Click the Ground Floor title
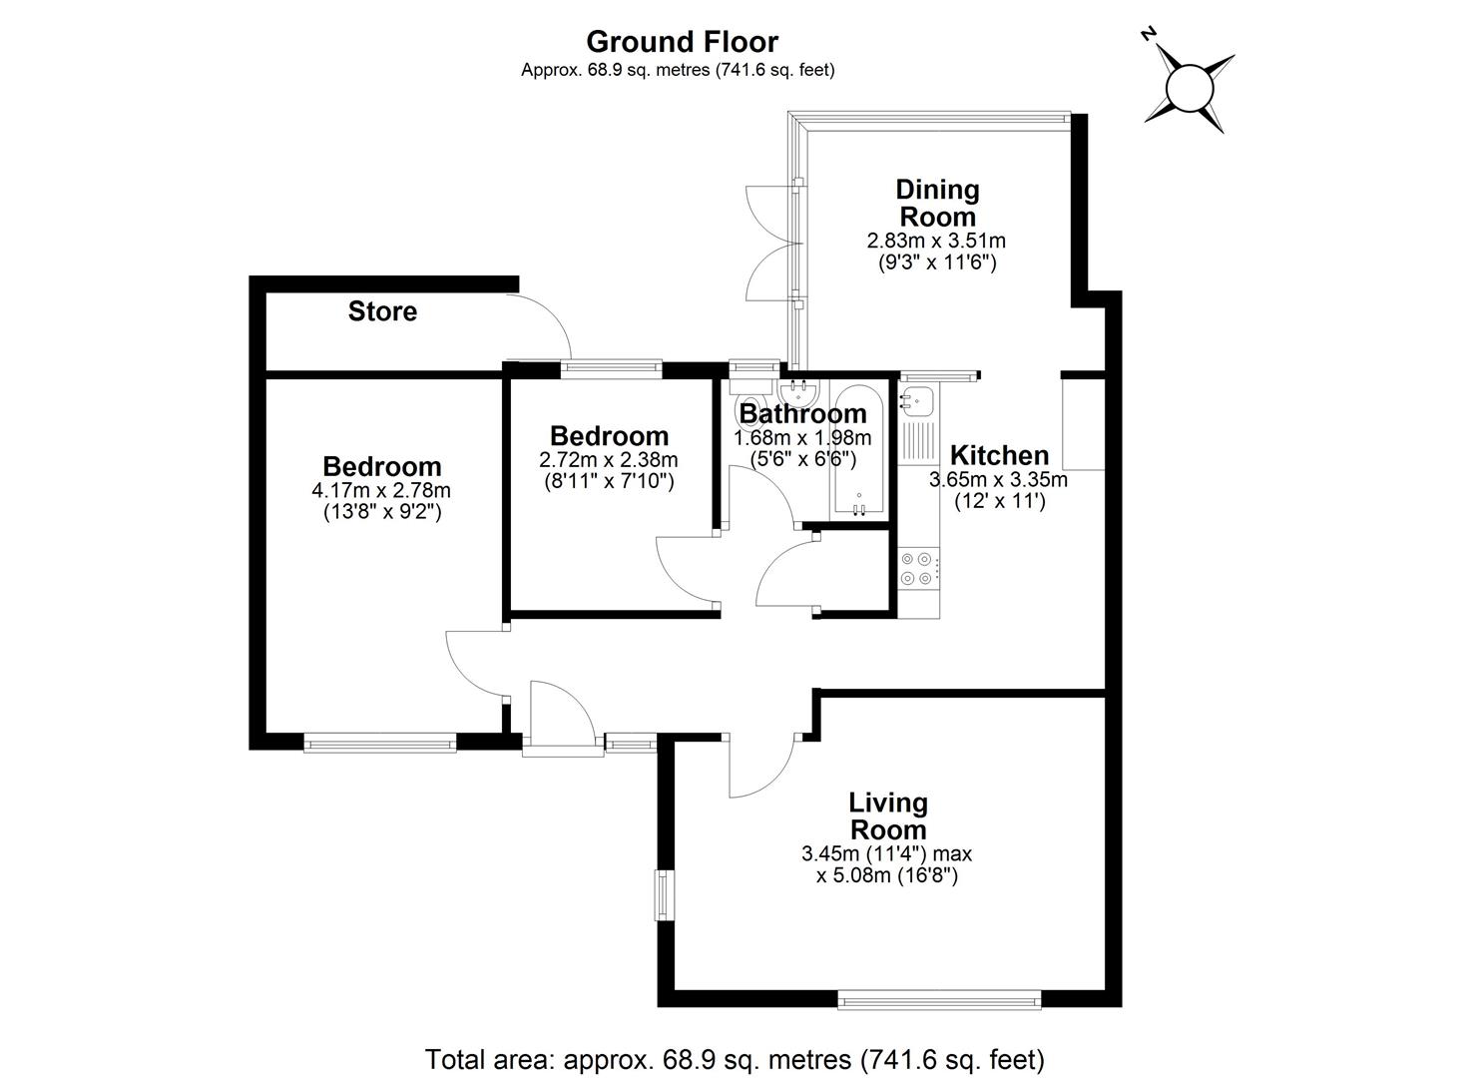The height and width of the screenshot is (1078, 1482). pyautogui.click(x=682, y=42)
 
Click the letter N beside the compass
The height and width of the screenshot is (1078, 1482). pyautogui.click(x=1150, y=34)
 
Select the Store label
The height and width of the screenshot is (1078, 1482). pyautogui.click(x=382, y=311)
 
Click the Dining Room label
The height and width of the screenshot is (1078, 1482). pyautogui.click(x=937, y=204)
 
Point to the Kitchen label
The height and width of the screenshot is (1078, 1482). pyautogui.click(x=999, y=455)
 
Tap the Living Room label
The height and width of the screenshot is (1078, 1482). pyautogui.click(x=888, y=816)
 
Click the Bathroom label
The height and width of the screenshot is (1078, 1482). pyautogui.click(x=802, y=413)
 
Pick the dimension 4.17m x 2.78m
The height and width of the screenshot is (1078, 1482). pyautogui.click(x=381, y=490)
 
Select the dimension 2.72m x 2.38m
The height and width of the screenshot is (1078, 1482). pyautogui.click(x=609, y=459)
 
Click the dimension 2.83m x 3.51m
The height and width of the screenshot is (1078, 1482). pyautogui.click(x=936, y=241)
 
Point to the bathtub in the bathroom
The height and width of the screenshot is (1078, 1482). pyautogui.click(x=858, y=450)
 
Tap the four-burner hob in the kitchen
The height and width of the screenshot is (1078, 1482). pyautogui.click(x=918, y=569)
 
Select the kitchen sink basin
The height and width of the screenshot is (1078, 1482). pyautogui.click(x=916, y=399)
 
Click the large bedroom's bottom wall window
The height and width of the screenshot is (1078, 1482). pyautogui.click(x=380, y=742)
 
